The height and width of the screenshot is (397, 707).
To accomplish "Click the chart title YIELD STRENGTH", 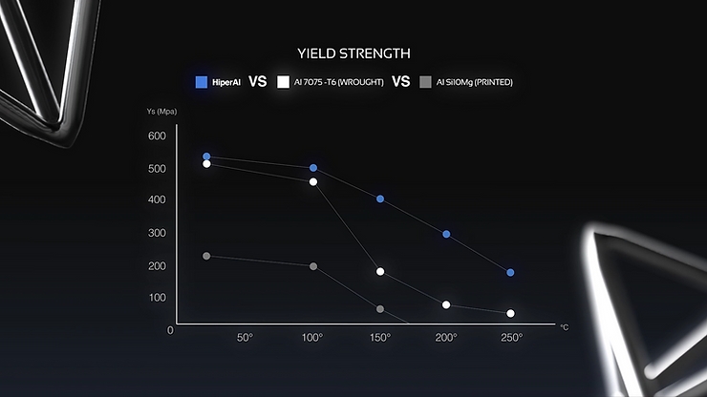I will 353,53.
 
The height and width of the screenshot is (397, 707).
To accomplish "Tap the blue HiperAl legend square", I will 202,82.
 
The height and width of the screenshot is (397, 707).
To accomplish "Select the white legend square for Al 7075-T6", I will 283,82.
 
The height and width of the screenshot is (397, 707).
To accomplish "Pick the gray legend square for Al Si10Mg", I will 425,82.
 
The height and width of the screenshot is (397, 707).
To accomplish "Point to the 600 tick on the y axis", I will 157,136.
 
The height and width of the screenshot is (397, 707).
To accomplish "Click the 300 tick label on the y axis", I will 157,233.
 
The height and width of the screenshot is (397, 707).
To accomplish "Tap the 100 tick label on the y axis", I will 157,298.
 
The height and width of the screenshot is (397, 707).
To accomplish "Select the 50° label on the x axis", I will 245,339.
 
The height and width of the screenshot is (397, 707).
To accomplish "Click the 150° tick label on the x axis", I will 380,339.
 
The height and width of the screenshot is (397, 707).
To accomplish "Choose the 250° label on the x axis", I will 513,339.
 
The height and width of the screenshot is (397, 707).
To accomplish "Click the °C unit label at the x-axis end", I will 564,327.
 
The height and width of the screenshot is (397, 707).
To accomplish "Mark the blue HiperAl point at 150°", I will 380,199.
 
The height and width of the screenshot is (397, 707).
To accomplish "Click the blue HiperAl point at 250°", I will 511,273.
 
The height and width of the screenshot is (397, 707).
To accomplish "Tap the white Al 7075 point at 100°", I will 313,181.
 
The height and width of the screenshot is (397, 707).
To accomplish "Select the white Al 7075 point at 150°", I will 380,272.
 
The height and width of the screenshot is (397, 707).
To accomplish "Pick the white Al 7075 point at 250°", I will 511,314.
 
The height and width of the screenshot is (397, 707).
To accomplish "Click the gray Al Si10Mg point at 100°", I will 313,266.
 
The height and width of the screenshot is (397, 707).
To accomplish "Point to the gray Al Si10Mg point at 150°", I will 380,309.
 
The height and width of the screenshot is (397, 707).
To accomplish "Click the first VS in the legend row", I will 257,82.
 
